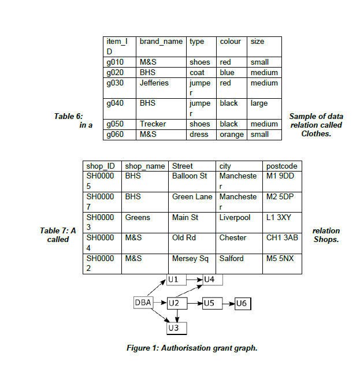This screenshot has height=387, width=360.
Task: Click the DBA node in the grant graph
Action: tap(143, 302)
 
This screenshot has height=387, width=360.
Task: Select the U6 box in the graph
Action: tap(241, 302)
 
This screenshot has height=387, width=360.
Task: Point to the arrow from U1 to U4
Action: tap(195, 280)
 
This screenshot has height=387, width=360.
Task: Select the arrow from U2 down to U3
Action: tap(177, 315)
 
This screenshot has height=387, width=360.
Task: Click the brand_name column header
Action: tap(161, 42)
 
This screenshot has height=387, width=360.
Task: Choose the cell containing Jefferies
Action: tap(154, 83)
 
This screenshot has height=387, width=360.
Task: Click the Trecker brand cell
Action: tap(153, 124)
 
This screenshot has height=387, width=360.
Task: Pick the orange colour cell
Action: tap(231, 135)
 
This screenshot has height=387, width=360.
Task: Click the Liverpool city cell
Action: tap(235, 218)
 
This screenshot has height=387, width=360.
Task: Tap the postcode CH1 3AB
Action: tap(282, 237)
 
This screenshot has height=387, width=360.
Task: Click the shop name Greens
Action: tap(138, 218)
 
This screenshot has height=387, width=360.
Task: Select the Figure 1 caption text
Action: tap(192, 348)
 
